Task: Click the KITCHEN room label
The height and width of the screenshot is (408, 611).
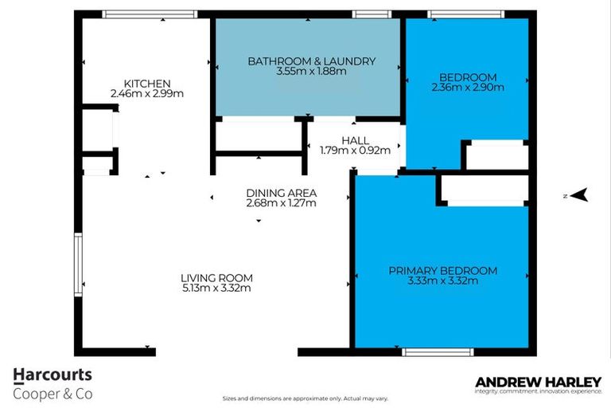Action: [147, 83]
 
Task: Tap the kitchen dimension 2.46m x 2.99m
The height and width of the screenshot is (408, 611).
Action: [147, 93]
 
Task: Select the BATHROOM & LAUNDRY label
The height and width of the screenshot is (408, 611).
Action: [311, 61]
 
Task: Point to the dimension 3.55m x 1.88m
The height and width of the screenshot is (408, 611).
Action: [311, 71]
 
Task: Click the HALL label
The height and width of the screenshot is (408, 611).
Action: [355, 139]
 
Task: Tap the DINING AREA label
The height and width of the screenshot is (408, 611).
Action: [282, 193]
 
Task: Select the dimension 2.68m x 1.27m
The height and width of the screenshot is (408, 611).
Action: [282, 203]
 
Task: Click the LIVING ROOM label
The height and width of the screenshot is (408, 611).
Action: [216, 278]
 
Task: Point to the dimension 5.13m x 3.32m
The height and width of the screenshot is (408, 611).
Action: [216, 288]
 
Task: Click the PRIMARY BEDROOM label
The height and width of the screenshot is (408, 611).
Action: [442, 271]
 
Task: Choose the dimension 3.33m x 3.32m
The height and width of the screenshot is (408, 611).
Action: [442, 281]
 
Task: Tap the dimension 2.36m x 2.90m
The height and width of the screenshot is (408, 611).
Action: [467, 88]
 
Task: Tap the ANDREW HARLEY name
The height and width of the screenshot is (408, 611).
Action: [538, 382]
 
